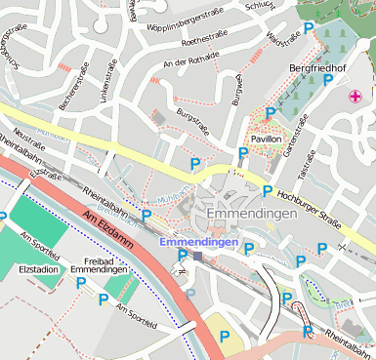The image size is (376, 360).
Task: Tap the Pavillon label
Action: tap(267, 140)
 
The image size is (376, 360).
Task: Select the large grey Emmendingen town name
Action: tap(250, 214)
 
